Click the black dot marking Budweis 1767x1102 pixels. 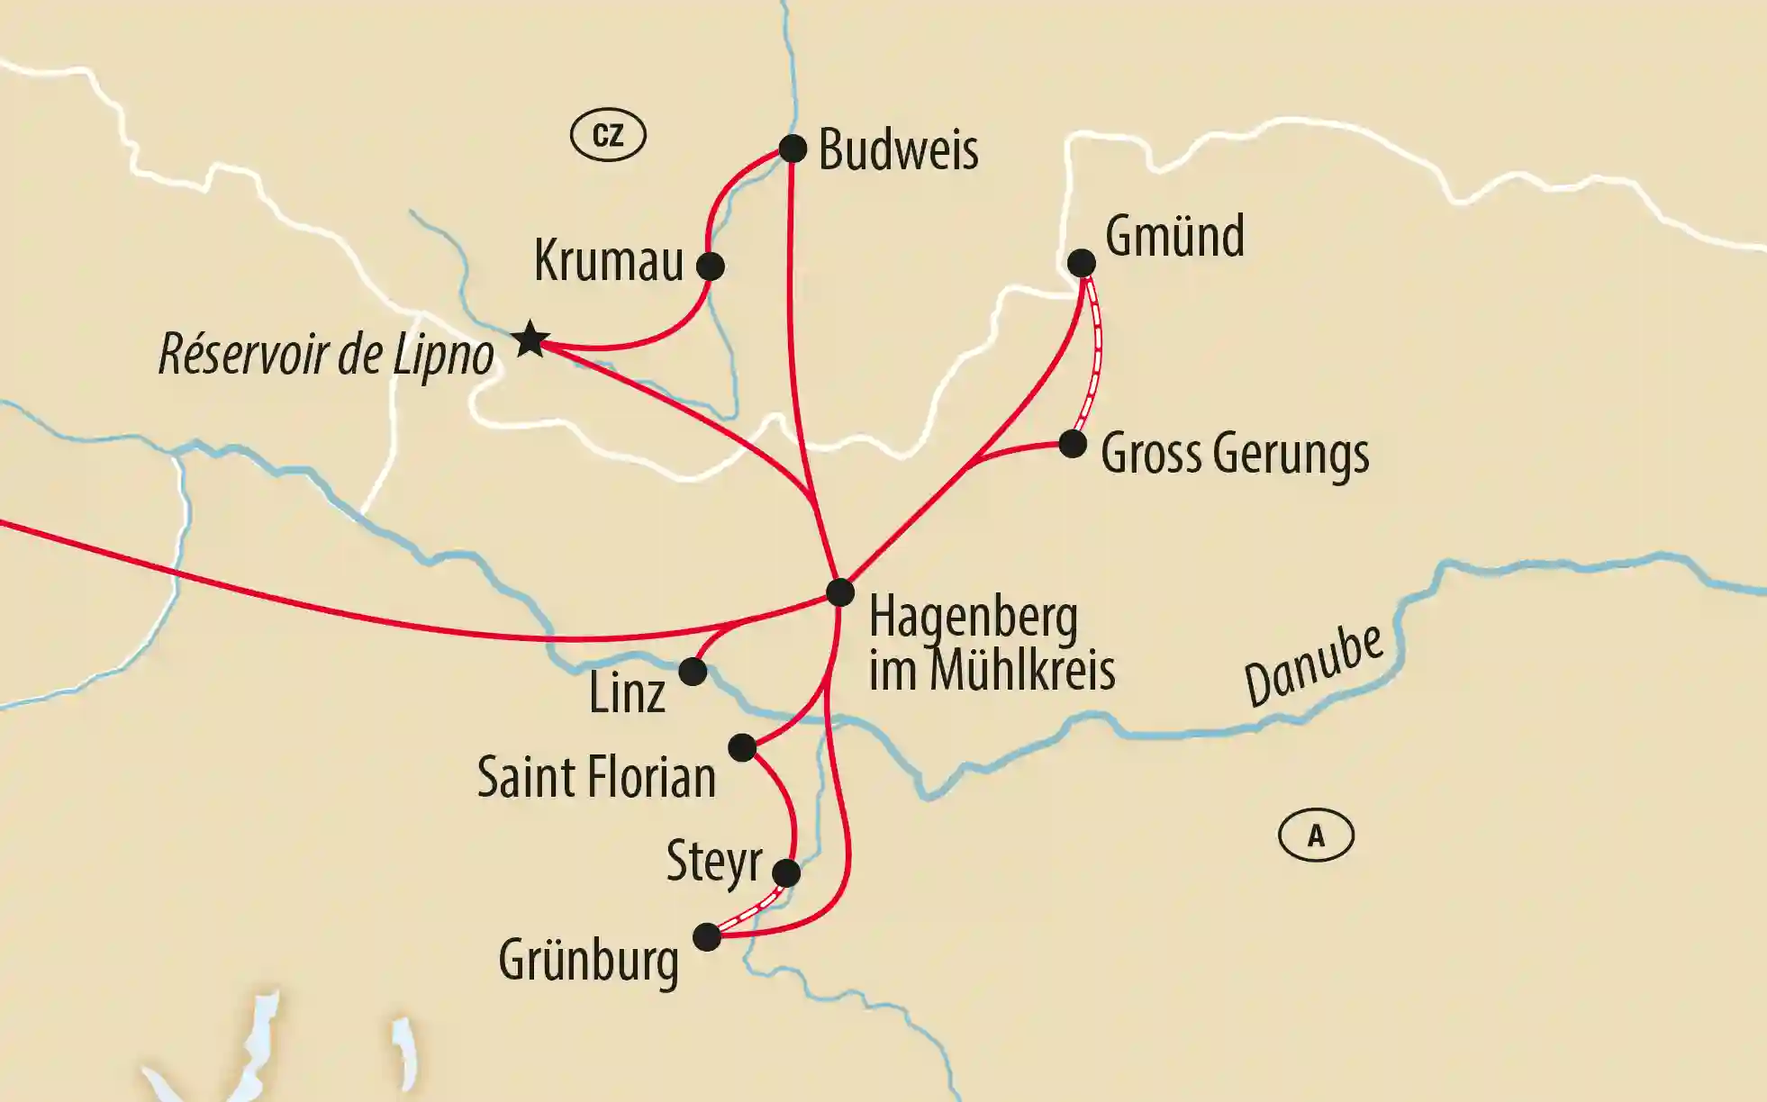[793, 149]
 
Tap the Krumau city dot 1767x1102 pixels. [710, 266]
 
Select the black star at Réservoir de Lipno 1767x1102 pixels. [530, 339]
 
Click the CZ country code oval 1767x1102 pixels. [608, 135]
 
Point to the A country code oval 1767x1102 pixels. [1316, 836]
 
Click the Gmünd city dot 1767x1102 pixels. [1082, 263]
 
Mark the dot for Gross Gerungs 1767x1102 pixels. [1073, 444]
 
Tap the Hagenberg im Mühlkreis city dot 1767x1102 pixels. [839, 592]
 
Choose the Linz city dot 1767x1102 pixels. [693, 672]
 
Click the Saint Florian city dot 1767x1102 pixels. [742, 747]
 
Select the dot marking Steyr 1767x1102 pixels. [786, 872]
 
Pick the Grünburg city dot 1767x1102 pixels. [707, 937]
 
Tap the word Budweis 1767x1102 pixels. [898, 149]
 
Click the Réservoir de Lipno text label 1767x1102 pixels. [326, 355]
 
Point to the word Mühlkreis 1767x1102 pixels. [1022, 671]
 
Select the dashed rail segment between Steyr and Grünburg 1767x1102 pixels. [748, 907]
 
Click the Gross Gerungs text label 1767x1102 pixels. [1235, 453]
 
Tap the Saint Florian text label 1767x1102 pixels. [596, 777]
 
